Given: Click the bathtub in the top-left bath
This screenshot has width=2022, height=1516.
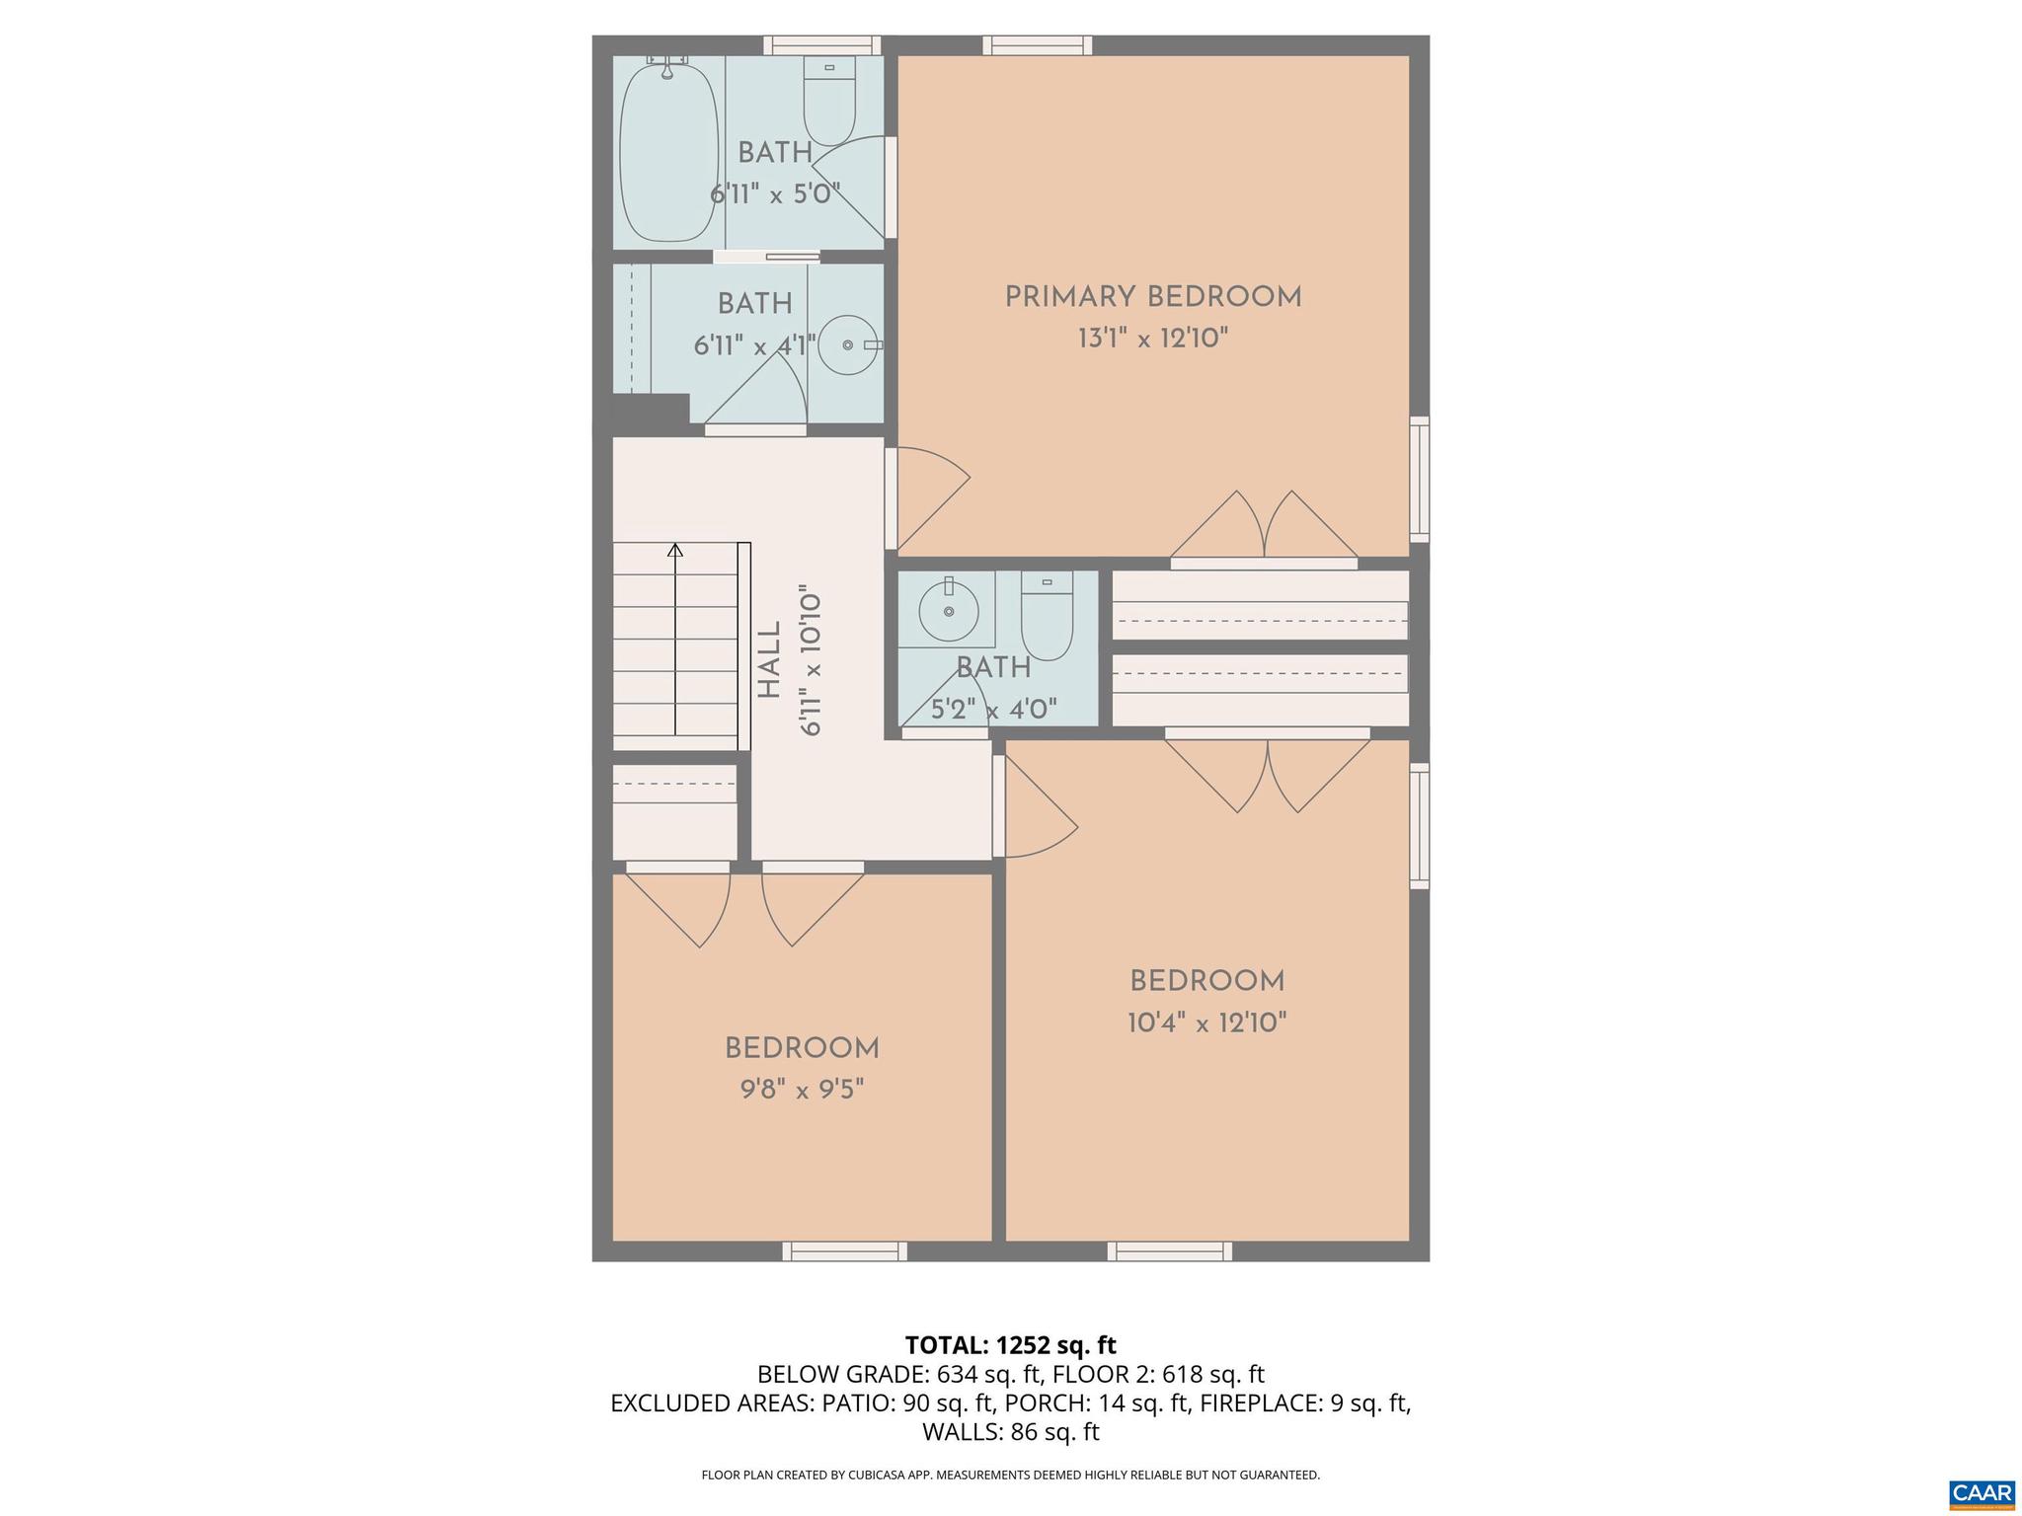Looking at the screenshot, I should (x=668, y=153).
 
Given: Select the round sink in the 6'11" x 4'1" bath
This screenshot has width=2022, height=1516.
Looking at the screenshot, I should (x=848, y=345).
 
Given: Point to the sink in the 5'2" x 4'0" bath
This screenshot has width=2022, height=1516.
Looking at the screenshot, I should (x=948, y=611).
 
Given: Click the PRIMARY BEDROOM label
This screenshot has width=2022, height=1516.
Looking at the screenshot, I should (x=1152, y=297).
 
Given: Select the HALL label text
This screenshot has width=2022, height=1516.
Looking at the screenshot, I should (x=769, y=659).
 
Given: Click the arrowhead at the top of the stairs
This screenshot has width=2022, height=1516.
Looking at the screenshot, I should (x=675, y=550).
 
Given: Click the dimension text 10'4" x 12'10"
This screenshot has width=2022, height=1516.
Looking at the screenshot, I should (x=1206, y=1023).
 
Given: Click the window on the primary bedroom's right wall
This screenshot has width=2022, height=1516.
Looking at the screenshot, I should (x=1419, y=479).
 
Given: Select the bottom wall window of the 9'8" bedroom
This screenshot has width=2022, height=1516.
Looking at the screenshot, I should (x=844, y=1251).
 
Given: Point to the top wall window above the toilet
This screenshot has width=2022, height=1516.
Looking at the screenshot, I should (x=822, y=44).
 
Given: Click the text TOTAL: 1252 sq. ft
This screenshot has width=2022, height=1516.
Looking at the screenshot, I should (x=1010, y=1345).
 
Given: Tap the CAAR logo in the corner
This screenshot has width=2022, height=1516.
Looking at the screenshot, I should (x=1982, y=1492).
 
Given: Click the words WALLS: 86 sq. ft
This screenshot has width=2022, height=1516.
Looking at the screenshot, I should (x=1010, y=1431).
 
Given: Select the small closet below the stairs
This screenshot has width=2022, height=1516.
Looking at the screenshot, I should (x=674, y=810).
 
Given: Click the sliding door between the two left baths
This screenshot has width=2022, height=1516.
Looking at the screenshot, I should (x=767, y=257).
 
